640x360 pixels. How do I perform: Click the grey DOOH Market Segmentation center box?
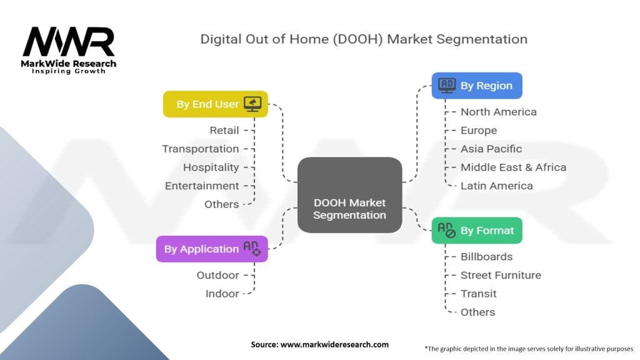pos(349,195)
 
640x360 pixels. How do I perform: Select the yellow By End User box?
pos(216,104)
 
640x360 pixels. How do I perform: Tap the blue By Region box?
pos(477,86)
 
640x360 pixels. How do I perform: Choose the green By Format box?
pos(477,231)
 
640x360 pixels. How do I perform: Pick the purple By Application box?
pos(212,249)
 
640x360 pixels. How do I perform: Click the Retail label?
pos(224,130)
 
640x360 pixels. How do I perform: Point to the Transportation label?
pos(201,149)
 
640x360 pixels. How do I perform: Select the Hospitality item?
pos(211,167)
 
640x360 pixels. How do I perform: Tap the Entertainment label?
pos(202,186)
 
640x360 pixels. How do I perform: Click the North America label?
pos(498,112)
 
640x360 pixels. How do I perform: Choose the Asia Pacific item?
pos(491,149)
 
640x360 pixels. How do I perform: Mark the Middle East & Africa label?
pos(513,167)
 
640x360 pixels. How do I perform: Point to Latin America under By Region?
pos(497,186)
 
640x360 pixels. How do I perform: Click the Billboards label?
pos(486,257)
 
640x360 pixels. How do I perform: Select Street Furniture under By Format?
pos(501,275)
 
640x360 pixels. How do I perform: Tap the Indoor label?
pos(222,294)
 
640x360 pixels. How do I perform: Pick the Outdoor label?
pos(217,275)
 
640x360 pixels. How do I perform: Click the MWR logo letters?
pos(69,42)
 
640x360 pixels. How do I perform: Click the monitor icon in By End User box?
pos(252,104)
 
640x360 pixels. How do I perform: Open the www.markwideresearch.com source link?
pos(334,344)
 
